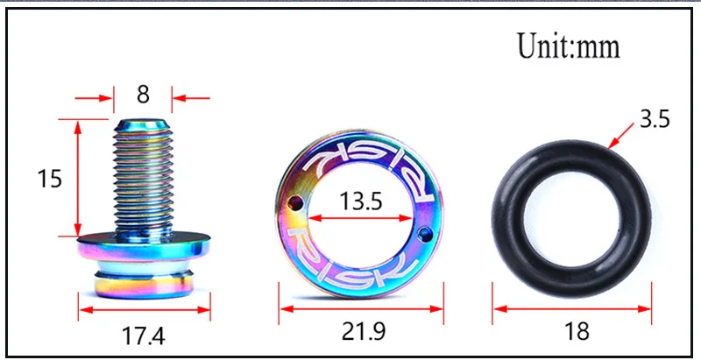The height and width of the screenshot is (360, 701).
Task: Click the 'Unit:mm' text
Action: (x=569, y=46)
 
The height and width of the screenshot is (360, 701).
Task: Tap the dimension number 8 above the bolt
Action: (x=143, y=95)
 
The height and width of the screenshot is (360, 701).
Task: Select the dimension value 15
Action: (x=50, y=179)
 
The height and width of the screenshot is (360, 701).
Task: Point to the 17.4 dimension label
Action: (x=143, y=335)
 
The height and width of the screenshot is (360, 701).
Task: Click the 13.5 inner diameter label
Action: (x=361, y=201)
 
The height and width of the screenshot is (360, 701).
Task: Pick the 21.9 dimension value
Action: (x=362, y=331)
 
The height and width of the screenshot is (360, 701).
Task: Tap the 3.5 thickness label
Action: (x=655, y=120)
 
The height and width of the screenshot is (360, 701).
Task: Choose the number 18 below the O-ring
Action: (x=577, y=331)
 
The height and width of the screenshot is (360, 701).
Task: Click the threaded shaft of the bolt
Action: (x=143, y=176)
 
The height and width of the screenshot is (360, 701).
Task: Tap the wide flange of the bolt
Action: (x=144, y=246)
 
